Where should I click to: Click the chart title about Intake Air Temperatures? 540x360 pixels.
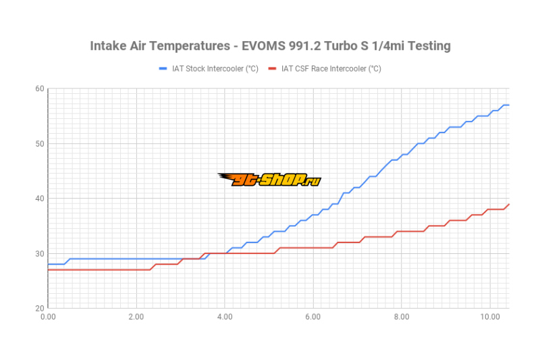[270, 46]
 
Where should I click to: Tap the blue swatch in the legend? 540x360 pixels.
[163, 68]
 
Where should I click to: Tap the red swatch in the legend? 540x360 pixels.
[273, 68]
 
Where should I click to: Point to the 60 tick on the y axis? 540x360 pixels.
[40, 88]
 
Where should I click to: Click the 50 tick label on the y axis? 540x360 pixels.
[40, 143]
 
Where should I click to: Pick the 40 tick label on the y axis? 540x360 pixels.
[40, 198]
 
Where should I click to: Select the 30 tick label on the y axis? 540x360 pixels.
[40, 253]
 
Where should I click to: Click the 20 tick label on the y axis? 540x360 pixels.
[40, 308]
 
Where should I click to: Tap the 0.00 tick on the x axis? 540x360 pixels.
[48, 316]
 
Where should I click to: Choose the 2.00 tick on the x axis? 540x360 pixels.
[136, 316]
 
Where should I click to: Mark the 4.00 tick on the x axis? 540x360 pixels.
[225, 316]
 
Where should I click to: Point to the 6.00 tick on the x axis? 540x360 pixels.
[313, 316]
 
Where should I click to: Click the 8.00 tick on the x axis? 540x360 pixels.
[402, 316]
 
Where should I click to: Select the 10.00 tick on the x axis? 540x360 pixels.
[489, 316]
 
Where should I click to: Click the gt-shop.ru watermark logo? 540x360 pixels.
[269, 179]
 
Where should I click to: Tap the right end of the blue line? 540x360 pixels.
[508, 105]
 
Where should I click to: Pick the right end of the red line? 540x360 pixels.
[508, 204]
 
